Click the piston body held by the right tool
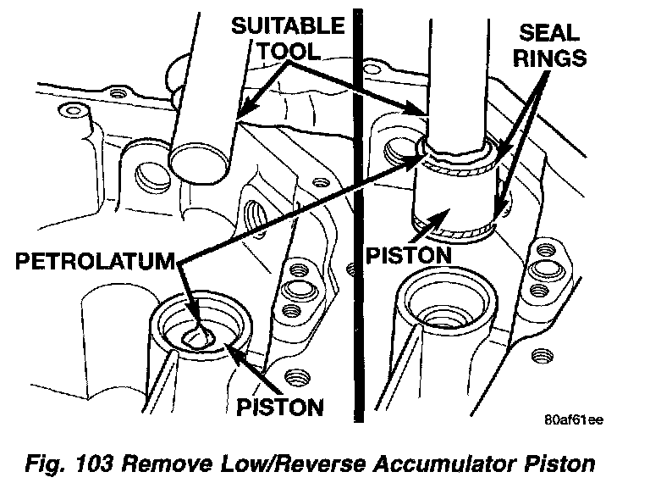(x=454, y=193)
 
